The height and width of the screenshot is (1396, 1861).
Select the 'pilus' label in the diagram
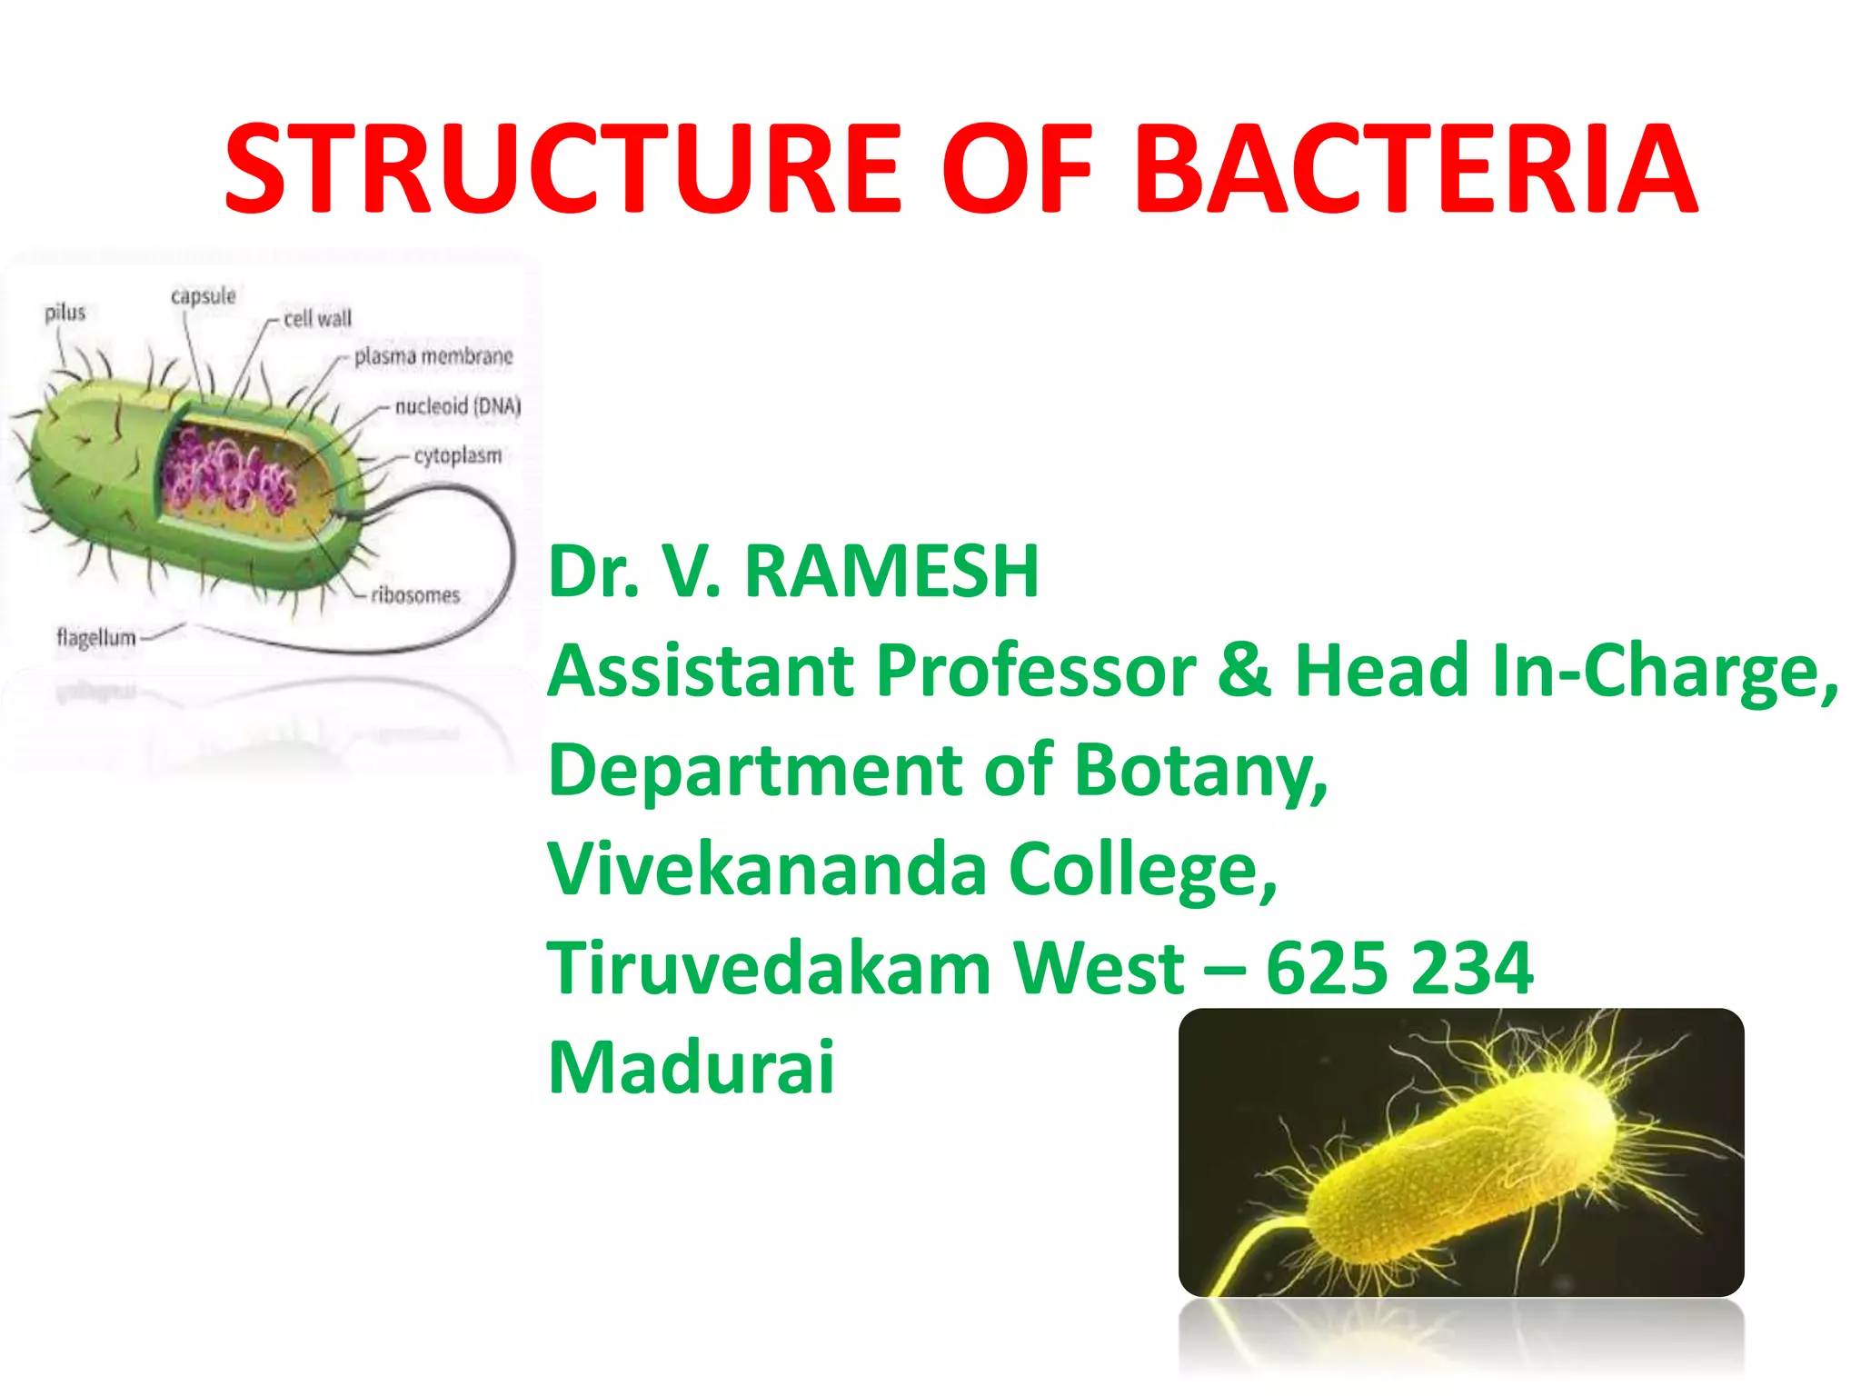[65, 313]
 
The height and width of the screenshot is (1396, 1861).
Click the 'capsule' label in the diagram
[203, 296]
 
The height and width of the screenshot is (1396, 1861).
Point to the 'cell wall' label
[317, 319]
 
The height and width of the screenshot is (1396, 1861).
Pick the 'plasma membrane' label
[433, 356]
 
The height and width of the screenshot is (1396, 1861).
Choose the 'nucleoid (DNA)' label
[458, 405]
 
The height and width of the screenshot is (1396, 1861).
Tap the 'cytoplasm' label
[458, 454]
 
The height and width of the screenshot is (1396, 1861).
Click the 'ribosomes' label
[415, 595]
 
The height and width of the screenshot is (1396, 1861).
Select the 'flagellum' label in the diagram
[95, 637]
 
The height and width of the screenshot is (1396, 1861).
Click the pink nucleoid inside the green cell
[227, 473]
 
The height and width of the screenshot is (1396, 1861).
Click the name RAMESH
[891, 573]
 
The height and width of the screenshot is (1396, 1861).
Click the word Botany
[1199, 771]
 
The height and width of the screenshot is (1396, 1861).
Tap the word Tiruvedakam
[768, 968]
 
